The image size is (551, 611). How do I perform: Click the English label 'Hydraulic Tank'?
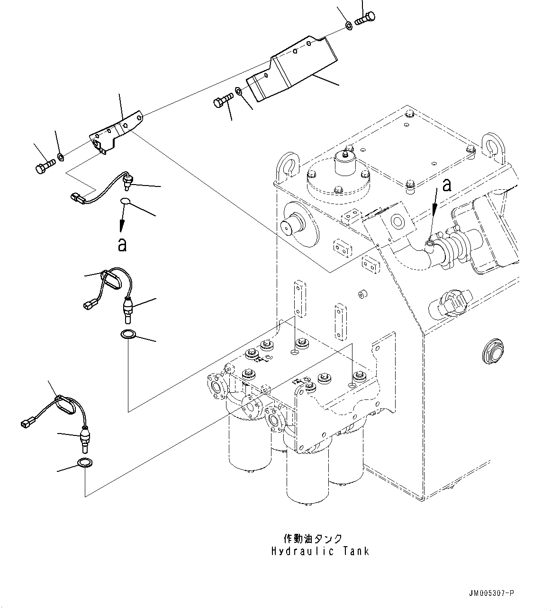[x=320, y=551]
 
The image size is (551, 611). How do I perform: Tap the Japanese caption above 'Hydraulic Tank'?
[x=313, y=539]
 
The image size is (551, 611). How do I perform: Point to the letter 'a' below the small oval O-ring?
[x=122, y=244]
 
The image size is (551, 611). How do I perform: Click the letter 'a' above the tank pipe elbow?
[x=446, y=186]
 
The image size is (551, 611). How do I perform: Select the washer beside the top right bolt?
[x=348, y=25]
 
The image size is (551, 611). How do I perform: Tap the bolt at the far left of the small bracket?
[x=45, y=166]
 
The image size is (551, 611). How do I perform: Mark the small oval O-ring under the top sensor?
[x=126, y=202]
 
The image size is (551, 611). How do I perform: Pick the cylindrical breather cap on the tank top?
[x=346, y=163]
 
